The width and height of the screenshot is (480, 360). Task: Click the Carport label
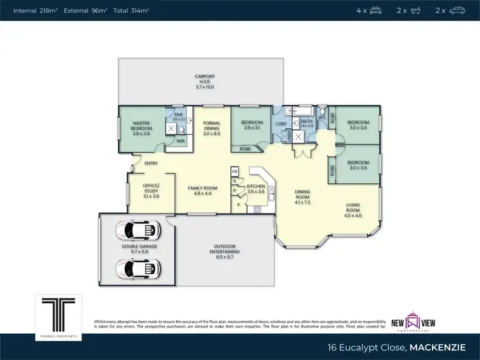pos(204,76)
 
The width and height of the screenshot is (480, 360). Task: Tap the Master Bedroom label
pos(141,125)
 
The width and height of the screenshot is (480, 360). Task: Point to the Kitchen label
pos(256,186)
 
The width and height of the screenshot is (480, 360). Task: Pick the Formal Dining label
pos(212,125)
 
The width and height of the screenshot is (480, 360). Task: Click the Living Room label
pos(353,208)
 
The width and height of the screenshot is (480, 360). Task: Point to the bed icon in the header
pos(376,10)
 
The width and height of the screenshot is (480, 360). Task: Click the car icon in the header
pos(458,10)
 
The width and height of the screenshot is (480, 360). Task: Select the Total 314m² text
pos(132,10)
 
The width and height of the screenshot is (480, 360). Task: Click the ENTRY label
pos(151,163)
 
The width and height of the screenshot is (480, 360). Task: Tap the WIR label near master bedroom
pos(180,141)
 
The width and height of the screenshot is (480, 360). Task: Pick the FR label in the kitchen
pos(235,171)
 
